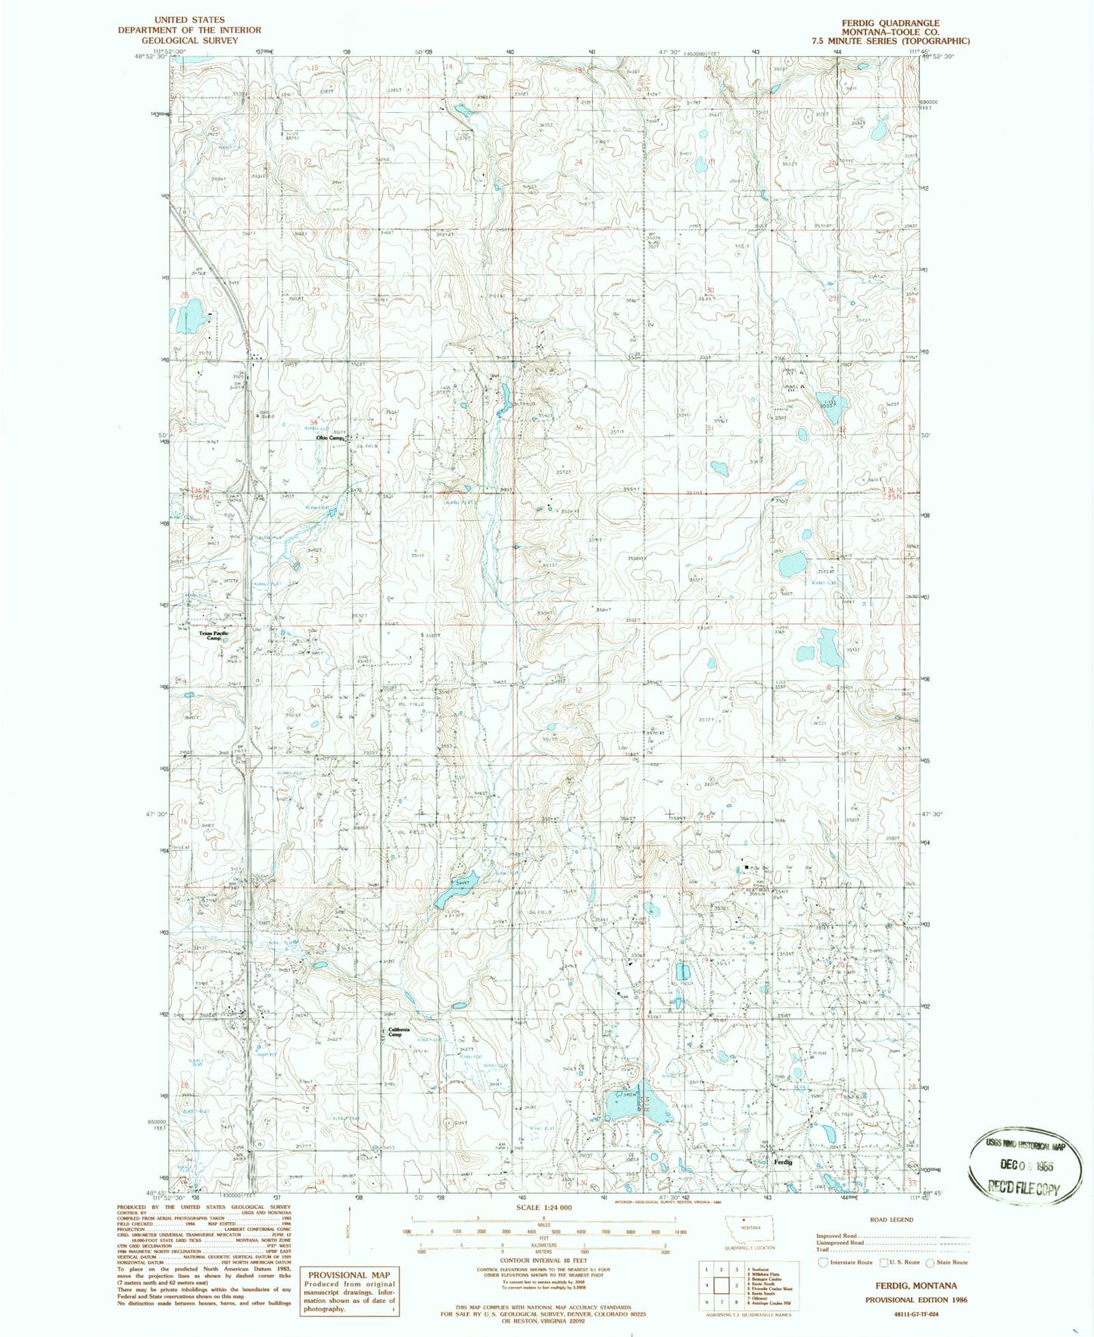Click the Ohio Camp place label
click(x=330, y=438)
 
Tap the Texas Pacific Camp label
click(x=214, y=635)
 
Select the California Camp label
click(x=398, y=1032)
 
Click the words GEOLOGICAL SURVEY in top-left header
click(x=189, y=40)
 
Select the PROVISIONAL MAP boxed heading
click(x=349, y=1275)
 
